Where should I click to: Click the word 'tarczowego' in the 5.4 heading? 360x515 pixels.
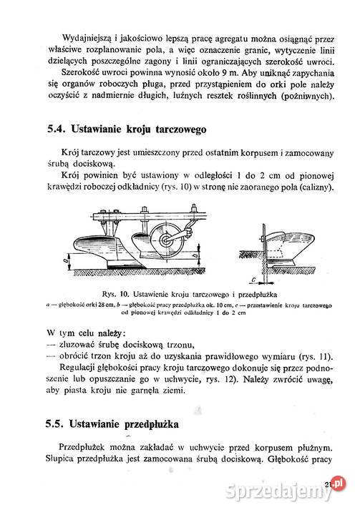point(181,129)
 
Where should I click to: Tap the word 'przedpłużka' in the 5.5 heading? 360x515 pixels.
point(152,424)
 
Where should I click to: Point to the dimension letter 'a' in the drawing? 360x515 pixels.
point(65,261)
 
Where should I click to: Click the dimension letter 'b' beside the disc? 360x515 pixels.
point(195,255)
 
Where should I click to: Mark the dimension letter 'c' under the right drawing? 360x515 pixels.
point(254,280)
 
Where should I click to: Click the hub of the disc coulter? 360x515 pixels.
point(166,240)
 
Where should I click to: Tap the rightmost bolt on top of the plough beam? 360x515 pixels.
point(194,208)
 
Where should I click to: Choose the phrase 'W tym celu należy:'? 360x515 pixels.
point(86,333)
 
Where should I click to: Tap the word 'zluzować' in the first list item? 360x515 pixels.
point(77,345)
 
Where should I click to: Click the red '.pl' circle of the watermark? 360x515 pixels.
point(339,483)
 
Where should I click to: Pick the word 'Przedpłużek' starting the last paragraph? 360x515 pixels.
point(82,447)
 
